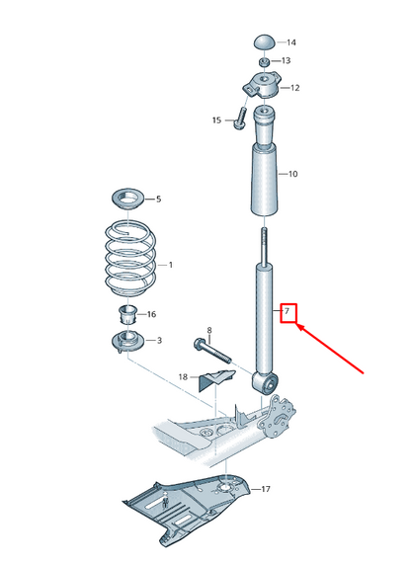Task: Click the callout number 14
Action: pyautogui.click(x=291, y=43)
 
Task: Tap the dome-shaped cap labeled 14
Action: pyautogui.click(x=264, y=41)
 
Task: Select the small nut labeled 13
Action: pyautogui.click(x=264, y=61)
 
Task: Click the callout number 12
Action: pyautogui.click(x=293, y=89)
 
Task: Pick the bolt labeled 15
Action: pyautogui.click(x=239, y=120)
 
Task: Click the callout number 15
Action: pyautogui.click(x=217, y=121)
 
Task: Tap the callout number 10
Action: pyautogui.click(x=291, y=175)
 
